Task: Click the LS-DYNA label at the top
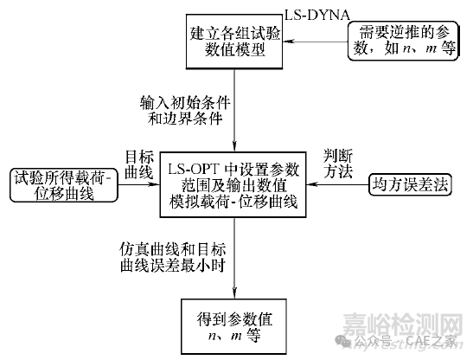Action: [317, 15]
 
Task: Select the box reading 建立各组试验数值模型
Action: [234, 42]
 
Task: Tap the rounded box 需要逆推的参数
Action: [403, 41]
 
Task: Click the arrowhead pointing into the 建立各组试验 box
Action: [289, 41]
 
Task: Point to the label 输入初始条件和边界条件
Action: [185, 111]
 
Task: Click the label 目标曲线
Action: [139, 164]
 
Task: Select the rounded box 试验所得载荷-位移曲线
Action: [64, 185]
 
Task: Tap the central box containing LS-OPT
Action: [233, 185]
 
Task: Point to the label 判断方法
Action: [338, 164]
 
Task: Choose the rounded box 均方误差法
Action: [410, 184]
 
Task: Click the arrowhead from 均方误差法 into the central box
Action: [312, 184]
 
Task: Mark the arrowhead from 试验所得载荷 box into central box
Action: [154, 184]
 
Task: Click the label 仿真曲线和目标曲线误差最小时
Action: [173, 257]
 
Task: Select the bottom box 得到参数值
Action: [233, 326]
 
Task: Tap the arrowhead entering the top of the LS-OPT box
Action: [234, 146]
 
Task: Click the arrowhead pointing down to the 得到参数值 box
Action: [234, 293]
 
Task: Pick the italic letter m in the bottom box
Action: [236, 337]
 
